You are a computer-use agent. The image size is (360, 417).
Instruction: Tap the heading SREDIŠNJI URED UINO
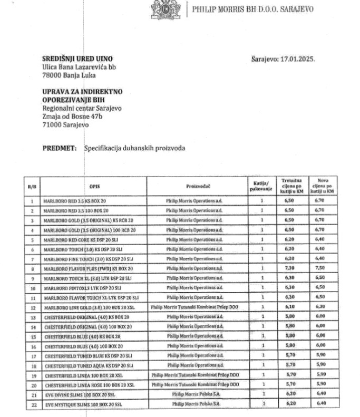77,59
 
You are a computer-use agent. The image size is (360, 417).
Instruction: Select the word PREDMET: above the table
60,149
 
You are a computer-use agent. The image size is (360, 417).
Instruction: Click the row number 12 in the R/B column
32,306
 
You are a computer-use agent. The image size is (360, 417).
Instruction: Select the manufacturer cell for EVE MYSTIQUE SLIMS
198,403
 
